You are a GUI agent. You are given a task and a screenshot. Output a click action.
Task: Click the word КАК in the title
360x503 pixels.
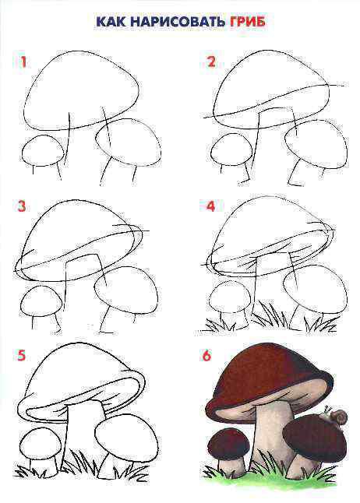click(111, 22)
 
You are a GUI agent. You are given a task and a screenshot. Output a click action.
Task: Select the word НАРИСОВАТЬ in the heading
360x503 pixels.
click(178, 22)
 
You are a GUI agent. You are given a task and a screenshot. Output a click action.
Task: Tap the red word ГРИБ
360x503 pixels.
click(247, 22)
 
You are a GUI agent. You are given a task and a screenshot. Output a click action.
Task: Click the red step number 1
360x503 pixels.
click(23, 62)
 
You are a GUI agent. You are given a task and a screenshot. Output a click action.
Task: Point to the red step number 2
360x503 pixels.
click(210, 62)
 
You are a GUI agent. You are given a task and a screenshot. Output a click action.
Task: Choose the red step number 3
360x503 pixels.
click(22, 206)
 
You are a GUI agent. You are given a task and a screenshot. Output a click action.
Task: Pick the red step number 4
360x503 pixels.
click(210, 206)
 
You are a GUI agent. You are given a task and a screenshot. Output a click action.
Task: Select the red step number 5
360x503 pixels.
click(21, 355)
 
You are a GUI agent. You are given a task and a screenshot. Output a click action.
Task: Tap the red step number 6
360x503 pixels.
click(206, 355)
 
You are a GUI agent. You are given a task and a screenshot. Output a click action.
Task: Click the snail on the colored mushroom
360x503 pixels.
click(337, 416)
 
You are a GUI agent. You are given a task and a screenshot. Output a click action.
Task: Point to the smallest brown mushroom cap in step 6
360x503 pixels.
click(228, 445)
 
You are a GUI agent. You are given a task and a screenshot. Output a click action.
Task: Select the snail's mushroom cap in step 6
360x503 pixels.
click(315, 441)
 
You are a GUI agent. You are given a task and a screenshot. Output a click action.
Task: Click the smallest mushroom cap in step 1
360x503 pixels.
click(43, 151)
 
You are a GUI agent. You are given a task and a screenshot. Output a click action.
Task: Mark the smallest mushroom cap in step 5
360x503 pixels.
click(41, 445)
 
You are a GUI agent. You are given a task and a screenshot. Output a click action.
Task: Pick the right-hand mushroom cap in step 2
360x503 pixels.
click(316, 148)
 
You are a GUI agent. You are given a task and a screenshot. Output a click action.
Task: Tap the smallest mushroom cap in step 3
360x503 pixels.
click(41, 301)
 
